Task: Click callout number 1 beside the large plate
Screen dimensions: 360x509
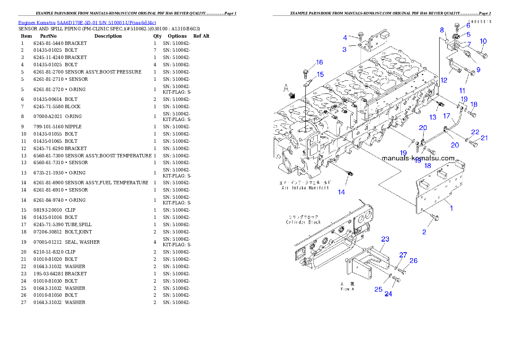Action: pos(451,209)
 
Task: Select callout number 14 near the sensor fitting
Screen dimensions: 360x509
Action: pos(341,192)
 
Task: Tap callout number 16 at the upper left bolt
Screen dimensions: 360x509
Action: pos(320,62)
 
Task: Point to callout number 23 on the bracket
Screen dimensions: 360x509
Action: pos(385,239)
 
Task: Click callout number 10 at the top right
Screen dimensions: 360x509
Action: pos(483,41)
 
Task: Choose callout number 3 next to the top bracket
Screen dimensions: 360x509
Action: pos(344,50)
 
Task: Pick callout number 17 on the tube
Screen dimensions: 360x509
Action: pos(446,116)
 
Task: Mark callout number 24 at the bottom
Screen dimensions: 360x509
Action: pos(388,294)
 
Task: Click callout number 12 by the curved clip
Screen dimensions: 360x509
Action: pos(444,80)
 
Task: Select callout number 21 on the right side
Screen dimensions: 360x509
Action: pos(484,138)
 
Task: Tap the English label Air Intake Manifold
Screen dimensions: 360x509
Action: pos(305,188)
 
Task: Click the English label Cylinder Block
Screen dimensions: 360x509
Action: pos(303,222)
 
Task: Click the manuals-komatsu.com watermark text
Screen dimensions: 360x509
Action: pos(418,158)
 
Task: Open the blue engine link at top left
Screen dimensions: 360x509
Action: pos(87,22)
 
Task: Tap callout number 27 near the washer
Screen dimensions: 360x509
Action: pos(403,255)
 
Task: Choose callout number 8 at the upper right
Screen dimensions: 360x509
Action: pos(442,30)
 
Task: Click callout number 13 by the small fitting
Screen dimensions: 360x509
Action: pos(433,117)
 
